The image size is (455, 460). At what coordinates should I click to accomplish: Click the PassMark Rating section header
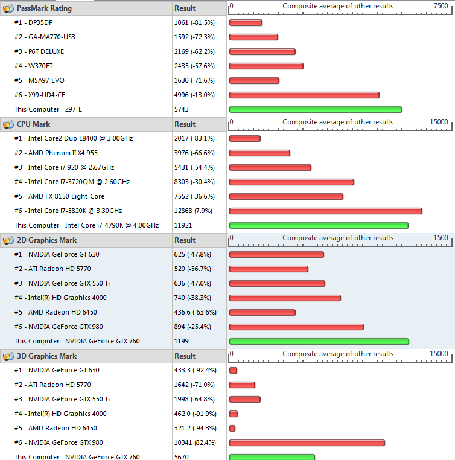point(44,8)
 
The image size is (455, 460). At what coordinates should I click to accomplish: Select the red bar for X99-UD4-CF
point(304,95)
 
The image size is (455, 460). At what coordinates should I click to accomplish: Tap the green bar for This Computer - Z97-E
point(315,109)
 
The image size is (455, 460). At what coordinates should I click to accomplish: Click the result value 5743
point(182,109)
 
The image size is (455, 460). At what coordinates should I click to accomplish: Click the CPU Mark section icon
point(8,124)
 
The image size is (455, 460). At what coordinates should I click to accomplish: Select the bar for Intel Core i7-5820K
point(325,211)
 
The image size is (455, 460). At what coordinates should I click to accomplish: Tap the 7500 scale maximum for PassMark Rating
point(441,6)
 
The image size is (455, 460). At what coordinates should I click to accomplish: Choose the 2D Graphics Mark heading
point(46,240)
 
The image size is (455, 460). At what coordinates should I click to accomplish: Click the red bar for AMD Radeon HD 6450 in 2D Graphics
point(262,312)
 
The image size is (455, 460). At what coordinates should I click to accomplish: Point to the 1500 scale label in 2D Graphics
point(441,238)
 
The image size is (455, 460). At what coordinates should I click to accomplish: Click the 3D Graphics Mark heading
point(46,356)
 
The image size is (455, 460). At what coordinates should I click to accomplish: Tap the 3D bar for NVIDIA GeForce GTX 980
point(307,442)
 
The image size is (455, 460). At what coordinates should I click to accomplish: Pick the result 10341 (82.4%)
point(195,442)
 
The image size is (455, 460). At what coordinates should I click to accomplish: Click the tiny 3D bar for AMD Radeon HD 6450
point(232,428)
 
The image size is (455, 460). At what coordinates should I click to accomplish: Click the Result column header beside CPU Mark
point(185,124)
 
